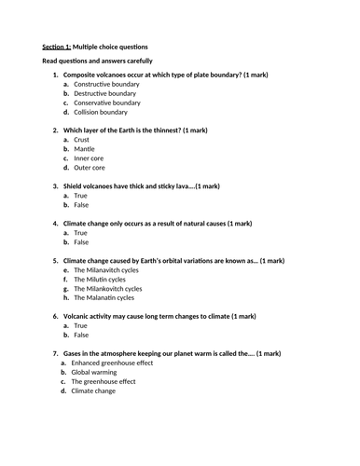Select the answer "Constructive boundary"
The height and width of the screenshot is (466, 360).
104,84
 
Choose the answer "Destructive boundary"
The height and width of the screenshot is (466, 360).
104,93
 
